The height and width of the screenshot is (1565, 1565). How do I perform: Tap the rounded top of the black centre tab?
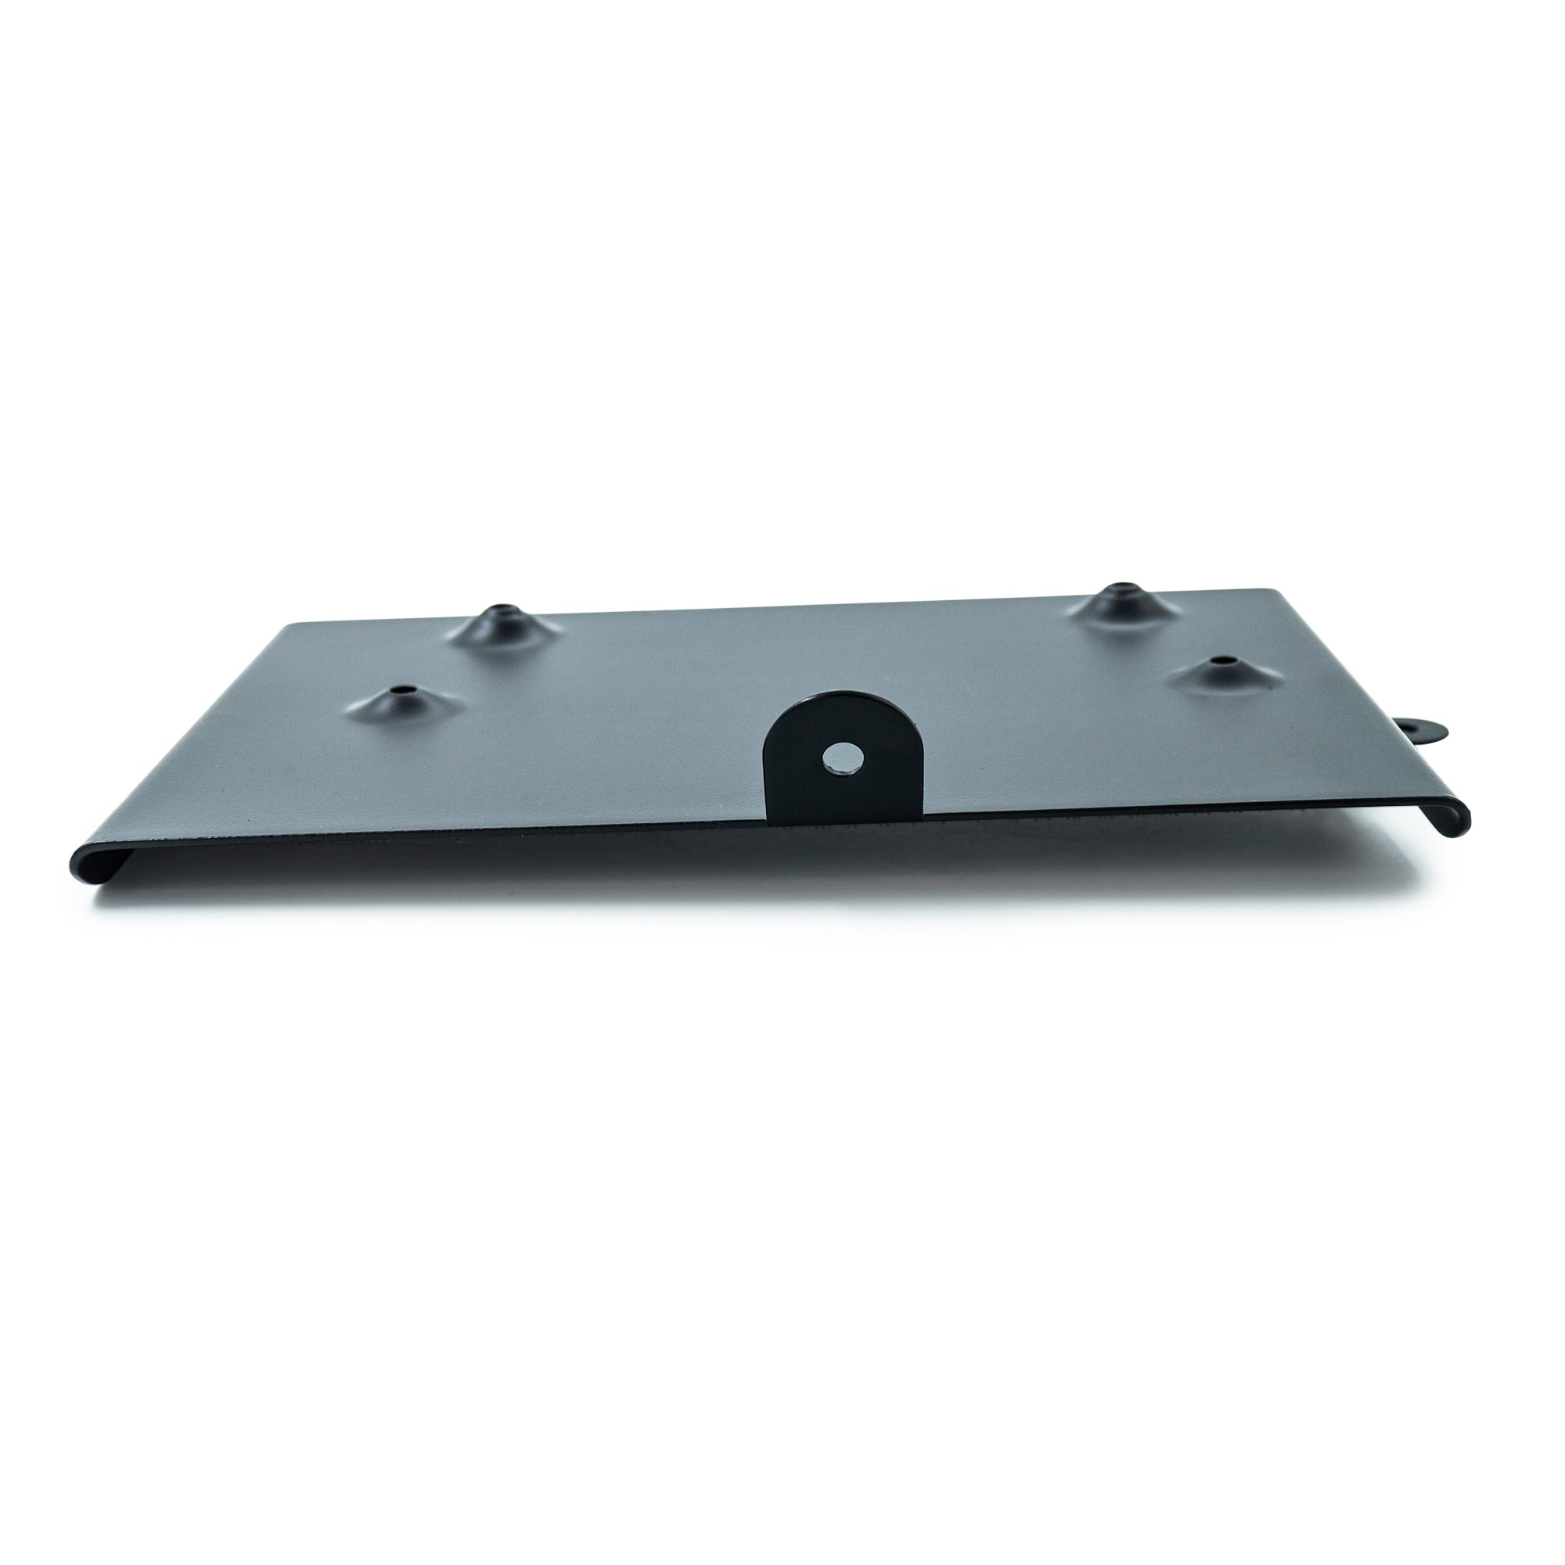pos(842,699)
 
